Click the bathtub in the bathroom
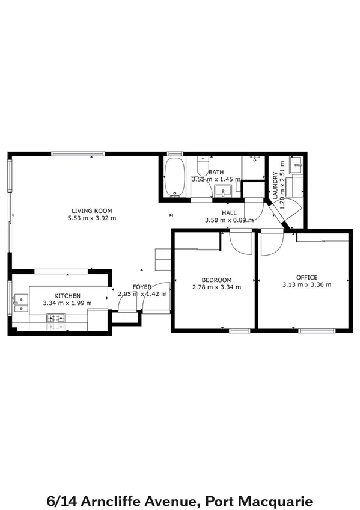[175, 177]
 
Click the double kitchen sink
[21, 303]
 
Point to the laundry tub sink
[295, 164]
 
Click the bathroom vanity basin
[223, 192]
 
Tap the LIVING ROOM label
[92, 210]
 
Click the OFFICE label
[307, 277]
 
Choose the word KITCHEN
[67, 296]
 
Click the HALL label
[229, 213]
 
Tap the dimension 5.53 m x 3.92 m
[92, 218]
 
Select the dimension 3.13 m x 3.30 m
[307, 284]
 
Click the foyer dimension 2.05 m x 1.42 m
[142, 294]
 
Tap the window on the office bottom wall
[317, 330]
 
